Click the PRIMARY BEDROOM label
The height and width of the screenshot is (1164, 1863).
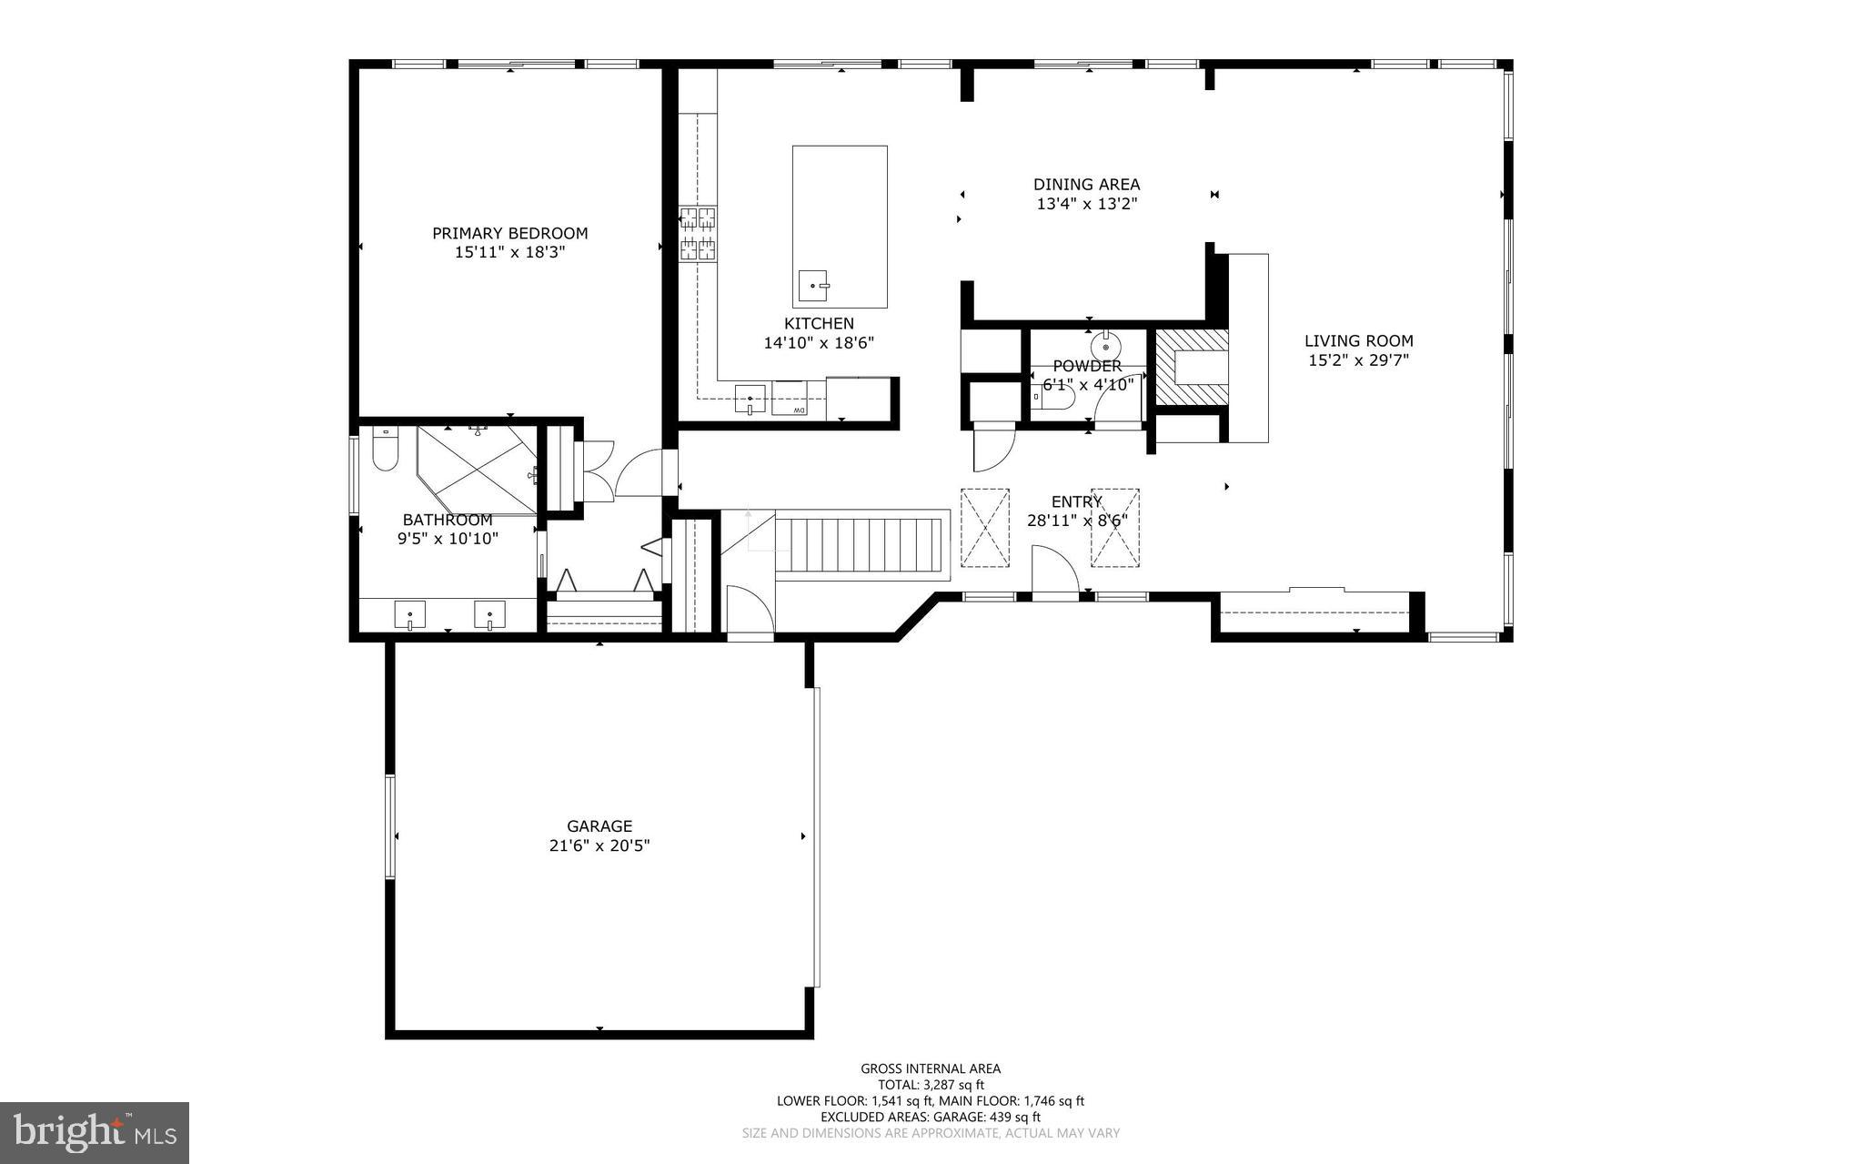(x=509, y=233)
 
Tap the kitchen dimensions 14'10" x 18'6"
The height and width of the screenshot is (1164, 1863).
(x=819, y=343)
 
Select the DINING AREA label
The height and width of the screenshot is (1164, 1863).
(x=1086, y=185)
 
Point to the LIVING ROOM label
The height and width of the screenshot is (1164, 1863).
(x=1358, y=341)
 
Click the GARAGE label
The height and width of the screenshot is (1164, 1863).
(x=599, y=826)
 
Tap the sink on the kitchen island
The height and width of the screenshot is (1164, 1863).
(x=812, y=286)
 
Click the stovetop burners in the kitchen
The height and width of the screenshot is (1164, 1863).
(x=698, y=232)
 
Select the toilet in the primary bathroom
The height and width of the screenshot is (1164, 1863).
(x=385, y=450)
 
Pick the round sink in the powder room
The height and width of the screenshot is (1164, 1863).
(x=1106, y=347)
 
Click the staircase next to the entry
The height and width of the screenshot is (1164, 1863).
(x=860, y=544)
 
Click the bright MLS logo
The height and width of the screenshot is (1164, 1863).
(x=94, y=1132)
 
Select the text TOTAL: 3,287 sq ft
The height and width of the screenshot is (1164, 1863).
(x=931, y=1085)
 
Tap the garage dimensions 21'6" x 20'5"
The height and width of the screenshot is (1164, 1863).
(x=599, y=845)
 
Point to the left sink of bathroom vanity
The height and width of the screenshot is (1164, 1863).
(x=410, y=616)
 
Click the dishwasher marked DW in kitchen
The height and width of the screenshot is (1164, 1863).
(x=790, y=399)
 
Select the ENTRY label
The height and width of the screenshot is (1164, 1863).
(x=1076, y=501)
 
